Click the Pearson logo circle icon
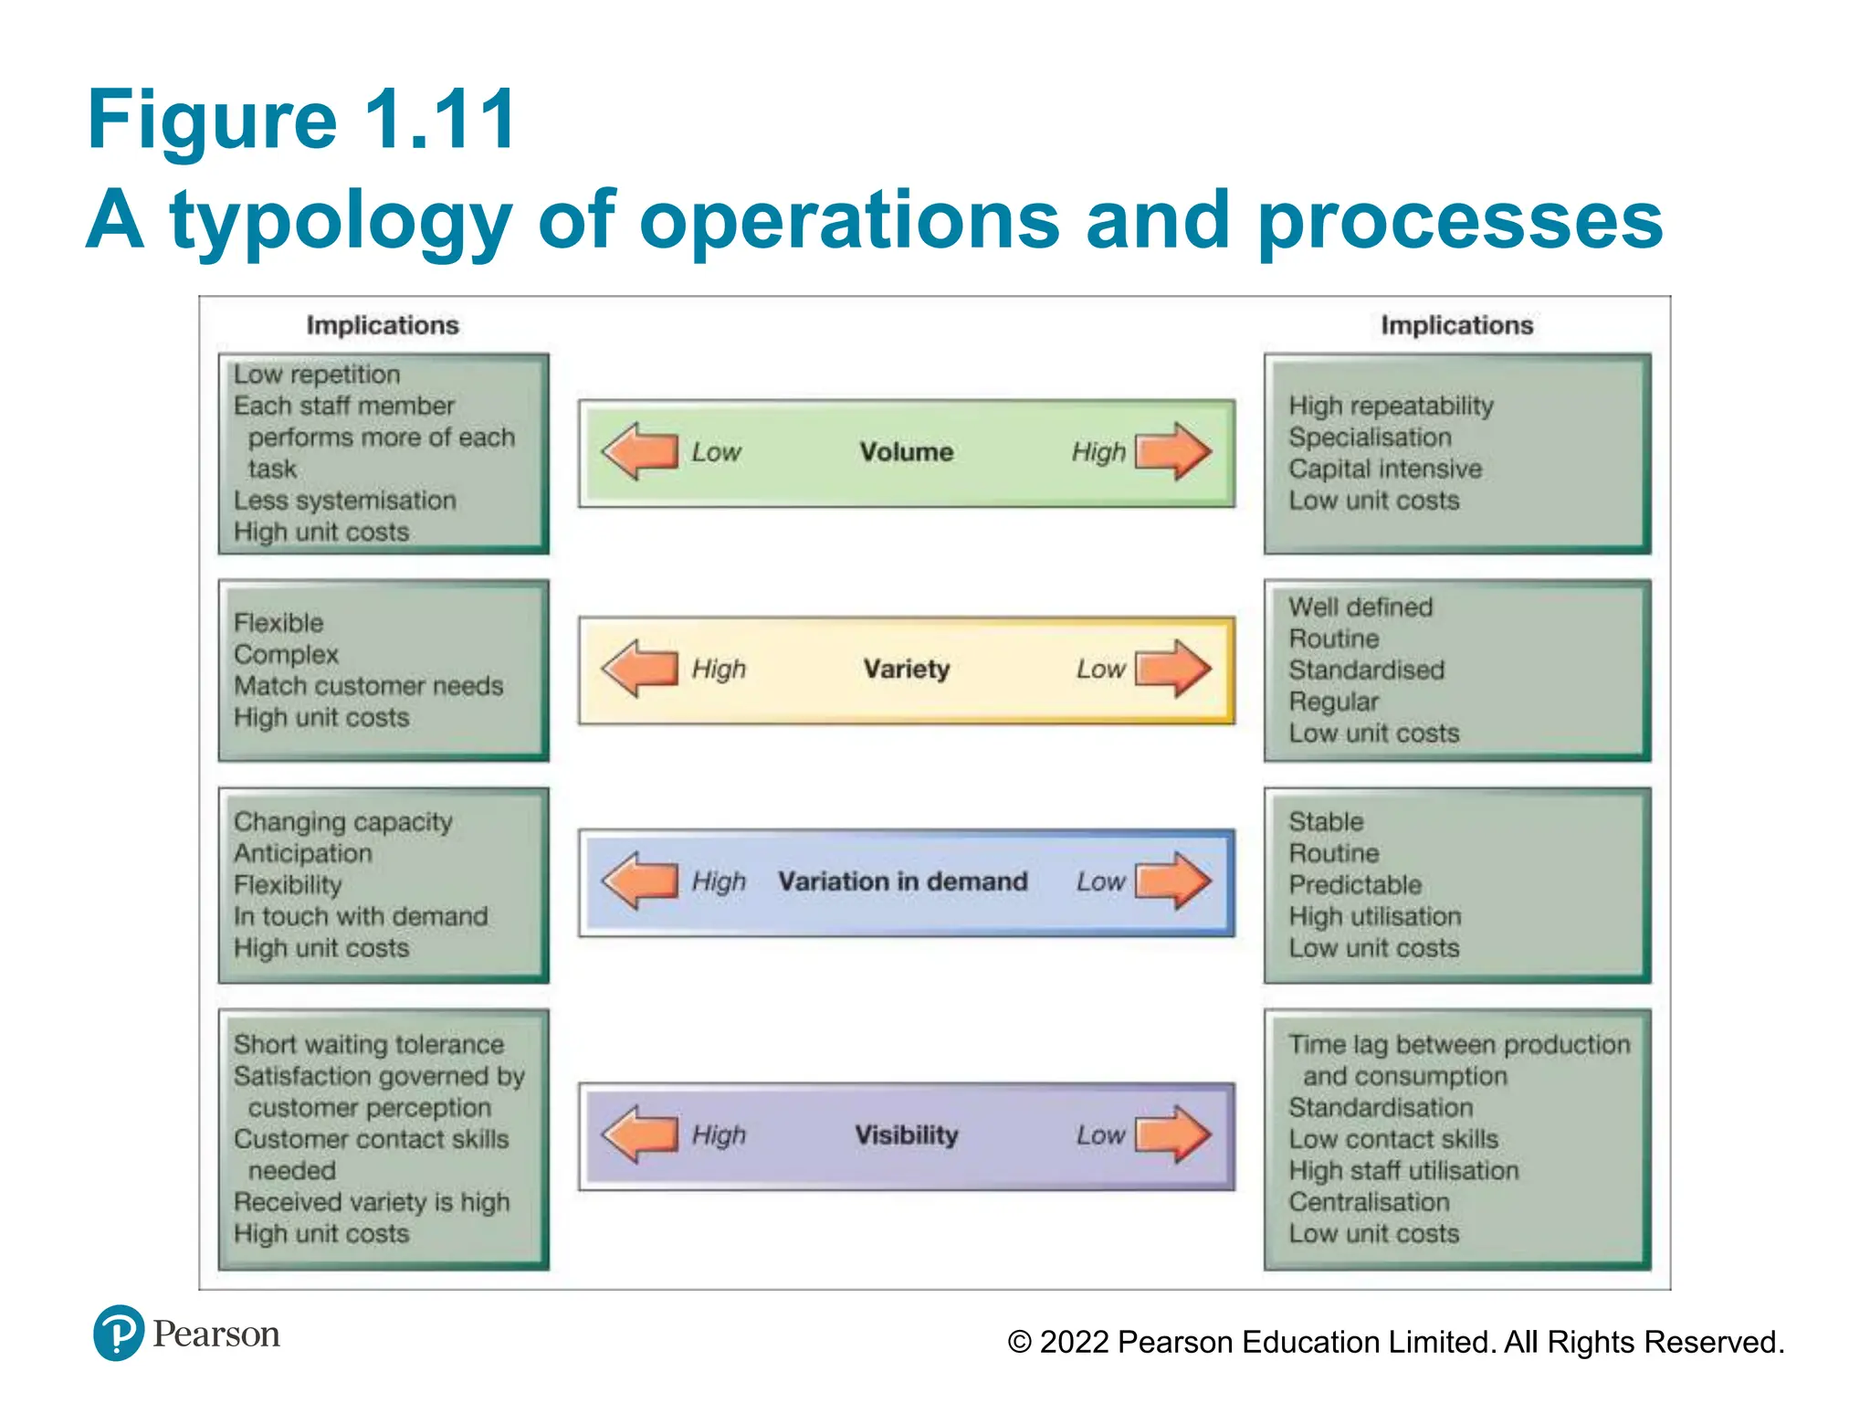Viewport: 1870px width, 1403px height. click(x=119, y=1333)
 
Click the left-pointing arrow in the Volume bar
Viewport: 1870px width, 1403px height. click(x=640, y=451)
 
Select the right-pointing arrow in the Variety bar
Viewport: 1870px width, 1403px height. click(x=1173, y=669)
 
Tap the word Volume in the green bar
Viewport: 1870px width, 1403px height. click(x=906, y=452)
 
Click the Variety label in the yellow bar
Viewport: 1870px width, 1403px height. click(x=906, y=670)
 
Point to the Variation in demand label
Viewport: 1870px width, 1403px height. click(x=902, y=881)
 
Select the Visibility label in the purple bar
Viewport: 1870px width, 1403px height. click(x=906, y=1135)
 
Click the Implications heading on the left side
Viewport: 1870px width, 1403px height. click(x=382, y=325)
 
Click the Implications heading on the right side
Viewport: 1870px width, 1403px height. click(x=1456, y=325)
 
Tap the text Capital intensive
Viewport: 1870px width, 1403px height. click(x=1384, y=469)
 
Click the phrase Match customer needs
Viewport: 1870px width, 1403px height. click(x=368, y=686)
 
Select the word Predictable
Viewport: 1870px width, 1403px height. click(x=1355, y=885)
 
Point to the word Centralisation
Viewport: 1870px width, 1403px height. click(x=1369, y=1202)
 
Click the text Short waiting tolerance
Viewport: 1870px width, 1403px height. click(x=368, y=1044)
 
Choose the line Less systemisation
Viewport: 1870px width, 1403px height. click(x=344, y=501)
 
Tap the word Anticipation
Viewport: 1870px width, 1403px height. click(x=302, y=853)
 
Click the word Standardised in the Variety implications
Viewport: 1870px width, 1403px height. click(x=1366, y=670)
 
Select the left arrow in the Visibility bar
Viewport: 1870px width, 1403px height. click(x=640, y=1135)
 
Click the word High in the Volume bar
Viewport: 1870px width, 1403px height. click(x=1098, y=452)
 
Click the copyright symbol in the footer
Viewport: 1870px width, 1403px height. click(x=1019, y=1343)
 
